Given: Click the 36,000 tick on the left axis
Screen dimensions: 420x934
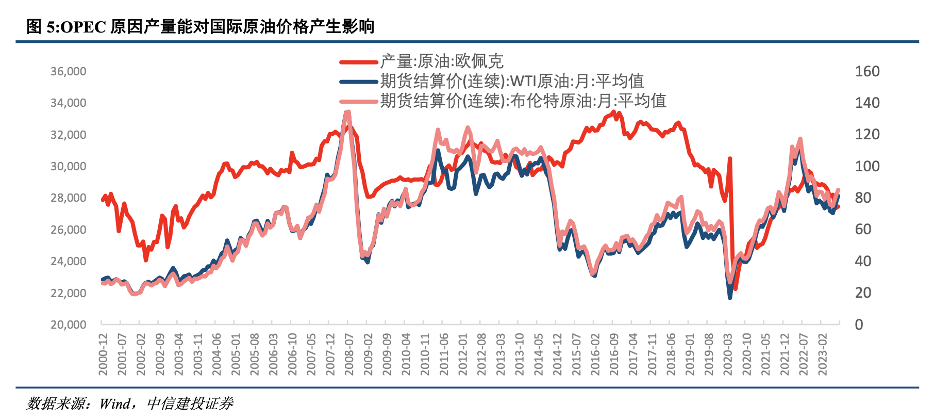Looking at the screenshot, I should click(x=68, y=72).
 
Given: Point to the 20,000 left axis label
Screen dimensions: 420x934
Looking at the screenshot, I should click(x=68, y=325).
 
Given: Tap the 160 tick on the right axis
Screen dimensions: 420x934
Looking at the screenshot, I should click(x=867, y=72).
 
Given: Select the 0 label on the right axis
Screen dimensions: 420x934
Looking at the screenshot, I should click(x=859, y=325).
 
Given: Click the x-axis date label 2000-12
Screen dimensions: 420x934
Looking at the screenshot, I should click(x=103, y=354).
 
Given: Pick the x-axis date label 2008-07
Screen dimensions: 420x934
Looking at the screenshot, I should click(x=349, y=354).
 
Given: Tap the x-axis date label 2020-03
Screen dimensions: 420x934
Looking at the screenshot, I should click(x=728, y=354).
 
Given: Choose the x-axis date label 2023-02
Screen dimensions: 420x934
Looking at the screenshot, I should click(x=823, y=354).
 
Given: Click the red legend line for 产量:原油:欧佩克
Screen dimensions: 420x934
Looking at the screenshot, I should click(x=359, y=62).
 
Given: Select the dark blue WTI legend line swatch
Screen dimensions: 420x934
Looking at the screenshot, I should click(x=359, y=82).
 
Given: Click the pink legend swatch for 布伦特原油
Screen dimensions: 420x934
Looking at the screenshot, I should click(x=359, y=101).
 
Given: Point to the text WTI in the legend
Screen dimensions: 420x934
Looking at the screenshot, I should click(x=523, y=82).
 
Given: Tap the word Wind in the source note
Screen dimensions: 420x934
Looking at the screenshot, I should click(x=115, y=403).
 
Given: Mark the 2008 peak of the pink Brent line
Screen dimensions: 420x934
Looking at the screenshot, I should click(x=348, y=111).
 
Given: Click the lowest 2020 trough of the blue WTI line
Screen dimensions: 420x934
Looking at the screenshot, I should click(x=730, y=298).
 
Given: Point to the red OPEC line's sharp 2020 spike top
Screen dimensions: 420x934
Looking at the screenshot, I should click(x=730, y=159).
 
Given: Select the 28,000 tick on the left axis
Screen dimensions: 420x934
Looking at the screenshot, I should click(x=68, y=198).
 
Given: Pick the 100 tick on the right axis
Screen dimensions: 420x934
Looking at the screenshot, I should click(x=867, y=166).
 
